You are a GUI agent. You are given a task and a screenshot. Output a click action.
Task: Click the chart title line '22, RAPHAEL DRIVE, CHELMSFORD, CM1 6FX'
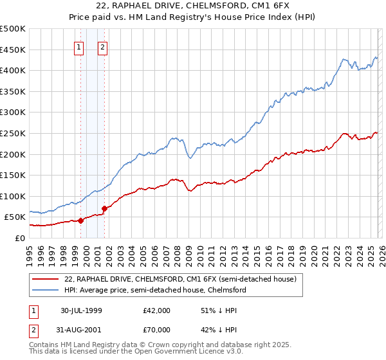193,6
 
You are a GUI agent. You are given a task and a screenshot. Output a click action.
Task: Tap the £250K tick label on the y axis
12,133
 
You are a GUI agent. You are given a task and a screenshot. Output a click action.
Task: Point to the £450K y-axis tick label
12,50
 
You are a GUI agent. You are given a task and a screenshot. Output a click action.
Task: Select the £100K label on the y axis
12,196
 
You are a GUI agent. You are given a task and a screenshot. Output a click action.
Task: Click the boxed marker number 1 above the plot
79,46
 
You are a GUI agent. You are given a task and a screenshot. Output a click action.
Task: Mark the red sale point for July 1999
81,221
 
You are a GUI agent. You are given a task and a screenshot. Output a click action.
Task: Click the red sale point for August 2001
104,208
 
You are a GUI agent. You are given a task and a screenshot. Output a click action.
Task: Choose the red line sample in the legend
46,279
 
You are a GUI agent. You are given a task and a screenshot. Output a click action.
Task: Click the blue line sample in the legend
46,290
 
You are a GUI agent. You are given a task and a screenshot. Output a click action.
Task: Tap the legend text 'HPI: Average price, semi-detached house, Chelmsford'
155,290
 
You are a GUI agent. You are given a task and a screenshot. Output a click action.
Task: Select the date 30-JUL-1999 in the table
82,310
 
